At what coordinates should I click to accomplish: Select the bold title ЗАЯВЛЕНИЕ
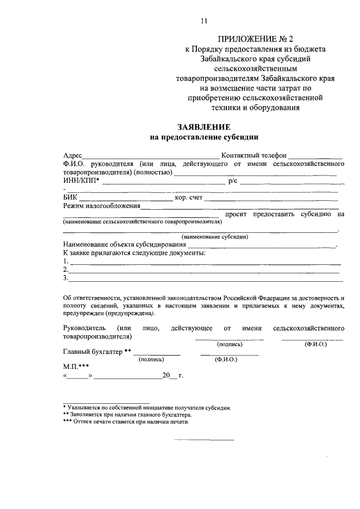pyautogui.click(x=204, y=127)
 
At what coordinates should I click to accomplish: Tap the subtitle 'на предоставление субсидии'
pyautogui.click(x=204, y=137)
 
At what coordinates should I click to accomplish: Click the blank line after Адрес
pyautogui.click(x=152, y=156)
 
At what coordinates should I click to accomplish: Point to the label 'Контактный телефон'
pyautogui.click(x=254, y=155)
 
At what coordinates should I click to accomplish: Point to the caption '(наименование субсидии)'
pyautogui.click(x=215, y=237)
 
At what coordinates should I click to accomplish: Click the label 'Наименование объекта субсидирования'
pyautogui.click(x=124, y=245)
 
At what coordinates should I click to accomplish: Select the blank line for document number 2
pyautogui.click(x=205, y=271)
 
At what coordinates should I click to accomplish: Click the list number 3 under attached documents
pyautogui.click(x=66, y=278)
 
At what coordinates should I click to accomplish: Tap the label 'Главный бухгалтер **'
pyautogui.click(x=97, y=352)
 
